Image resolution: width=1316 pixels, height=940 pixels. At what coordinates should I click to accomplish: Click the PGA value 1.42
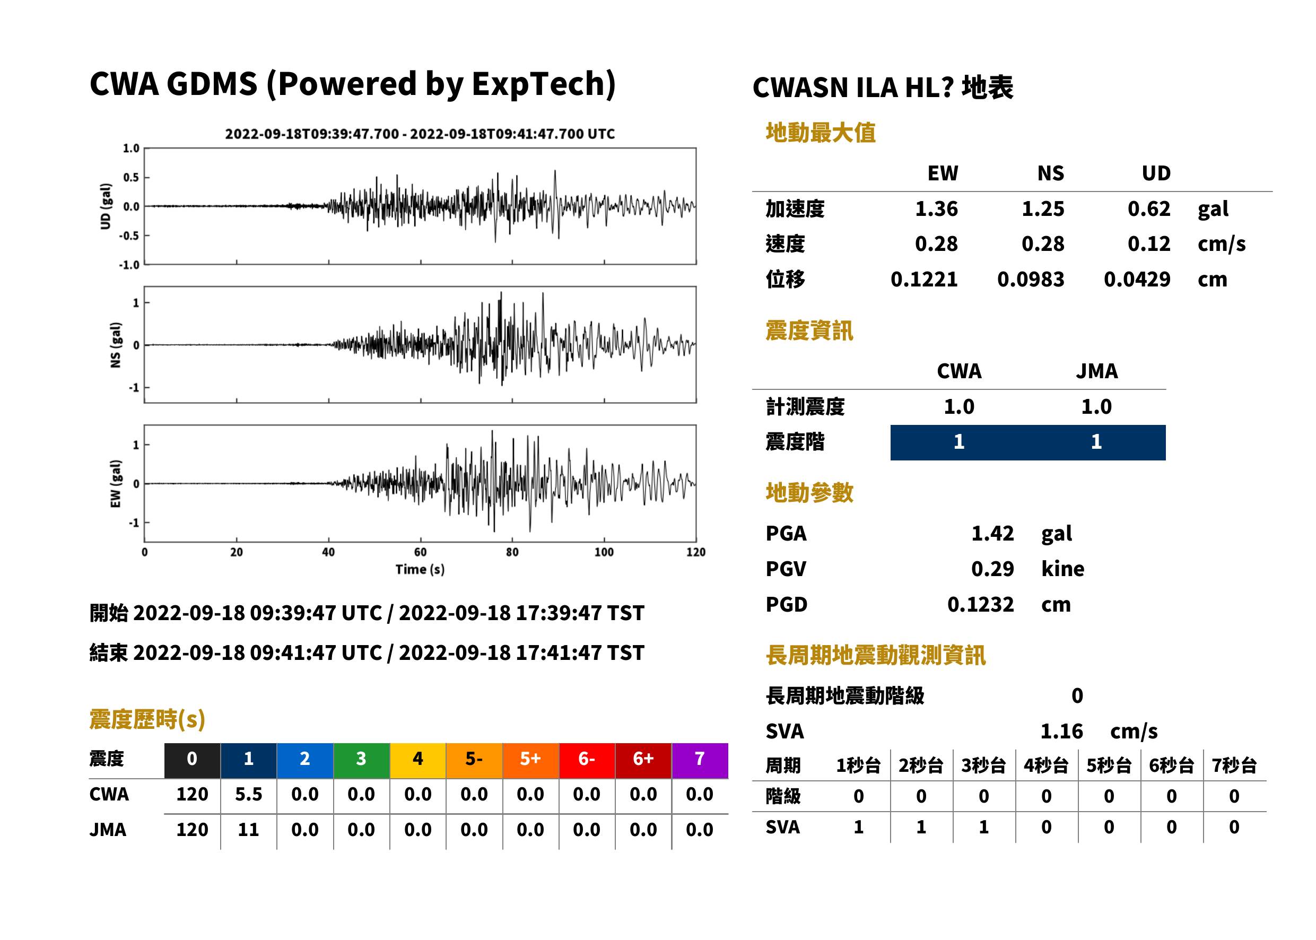click(992, 533)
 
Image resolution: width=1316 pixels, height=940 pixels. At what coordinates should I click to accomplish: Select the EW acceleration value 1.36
click(936, 208)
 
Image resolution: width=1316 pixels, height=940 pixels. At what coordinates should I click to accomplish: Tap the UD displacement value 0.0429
click(1137, 279)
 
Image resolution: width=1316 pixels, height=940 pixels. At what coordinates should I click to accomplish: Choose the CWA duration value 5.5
click(248, 794)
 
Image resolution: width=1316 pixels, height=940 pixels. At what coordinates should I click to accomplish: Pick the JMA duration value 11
click(248, 830)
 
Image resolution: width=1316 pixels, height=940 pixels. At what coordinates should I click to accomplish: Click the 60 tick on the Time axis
click(420, 552)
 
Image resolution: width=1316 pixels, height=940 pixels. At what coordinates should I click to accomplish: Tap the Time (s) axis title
click(420, 570)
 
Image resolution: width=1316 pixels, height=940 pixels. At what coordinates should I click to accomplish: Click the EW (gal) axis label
click(116, 484)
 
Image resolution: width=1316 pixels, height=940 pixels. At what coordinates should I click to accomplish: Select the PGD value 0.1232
click(980, 604)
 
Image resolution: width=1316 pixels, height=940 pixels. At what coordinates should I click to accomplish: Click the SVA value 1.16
click(1061, 731)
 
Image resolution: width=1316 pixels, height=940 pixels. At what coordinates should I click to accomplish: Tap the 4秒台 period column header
click(1045, 765)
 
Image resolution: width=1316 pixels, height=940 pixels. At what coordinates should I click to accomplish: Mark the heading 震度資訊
click(809, 331)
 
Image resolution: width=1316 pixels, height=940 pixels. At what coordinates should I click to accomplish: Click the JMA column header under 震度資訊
click(1097, 371)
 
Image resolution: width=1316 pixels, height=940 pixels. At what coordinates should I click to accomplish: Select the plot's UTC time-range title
click(420, 134)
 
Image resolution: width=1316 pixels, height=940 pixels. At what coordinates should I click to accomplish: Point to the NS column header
click(1050, 173)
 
